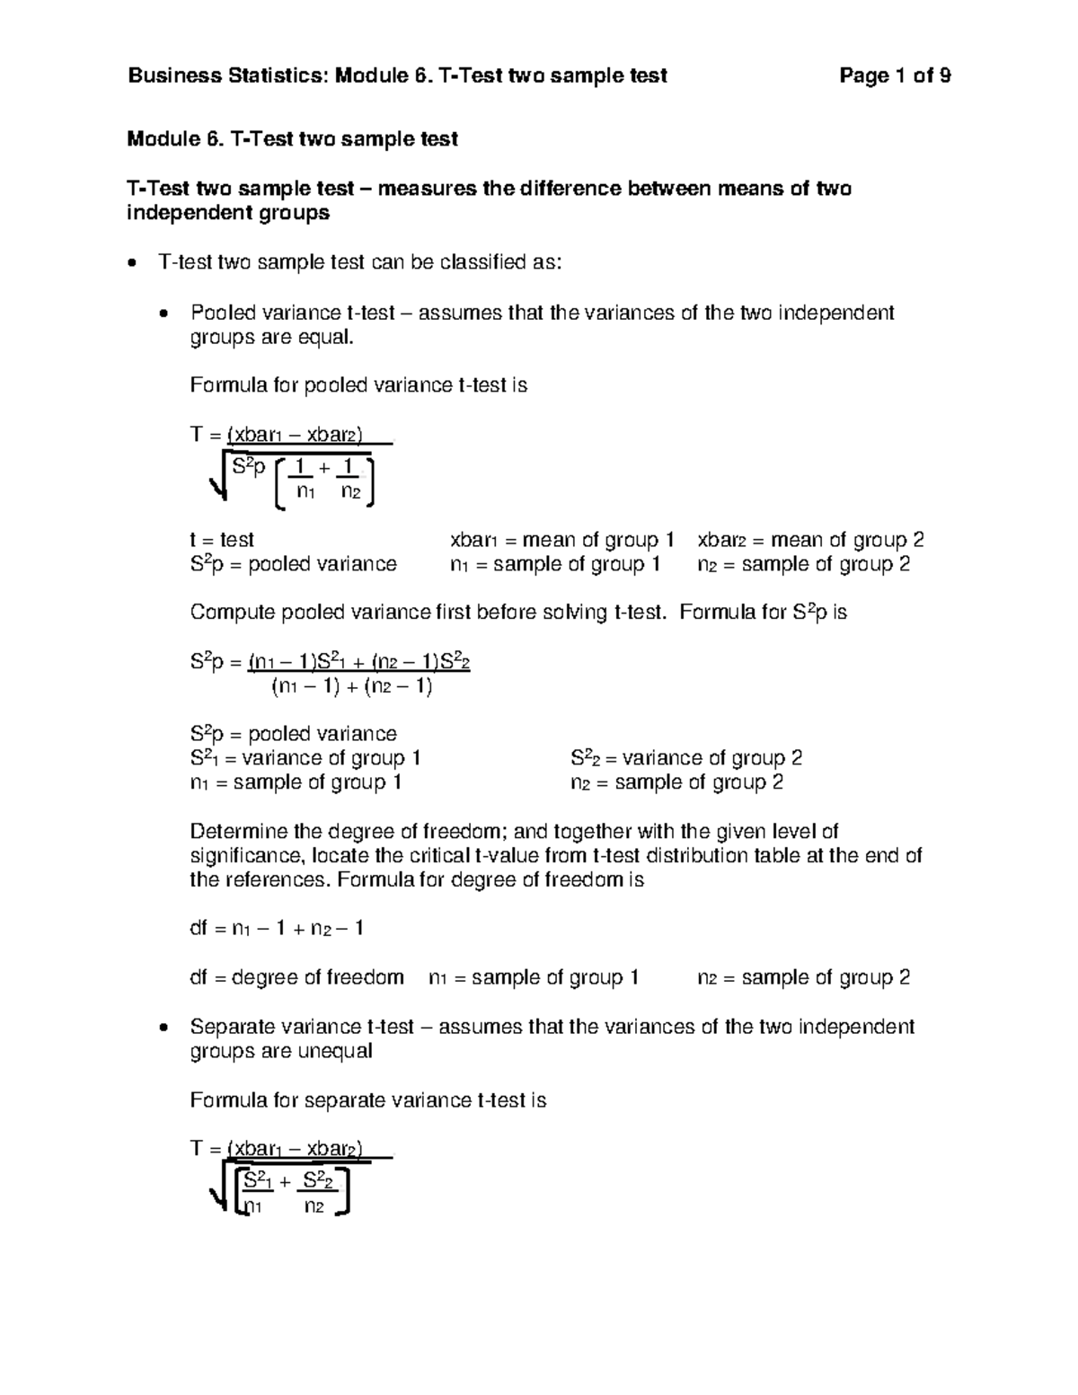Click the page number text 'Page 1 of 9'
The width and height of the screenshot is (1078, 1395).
click(895, 76)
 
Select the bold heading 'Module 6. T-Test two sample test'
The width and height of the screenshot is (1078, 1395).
click(293, 139)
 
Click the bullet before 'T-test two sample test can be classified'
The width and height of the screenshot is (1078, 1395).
click(133, 264)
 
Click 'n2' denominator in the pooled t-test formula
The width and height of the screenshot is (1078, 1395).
click(350, 492)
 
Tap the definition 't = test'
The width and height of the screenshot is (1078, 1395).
click(222, 540)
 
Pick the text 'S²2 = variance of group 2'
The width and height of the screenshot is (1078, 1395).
click(686, 758)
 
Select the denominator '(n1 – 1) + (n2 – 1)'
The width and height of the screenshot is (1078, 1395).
click(352, 688)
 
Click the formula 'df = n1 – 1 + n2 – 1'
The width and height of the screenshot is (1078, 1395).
click(277, 929)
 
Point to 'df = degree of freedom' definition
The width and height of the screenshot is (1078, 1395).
click(296, 977)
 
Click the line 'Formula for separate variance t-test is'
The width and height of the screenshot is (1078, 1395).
click(368, 1101)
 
